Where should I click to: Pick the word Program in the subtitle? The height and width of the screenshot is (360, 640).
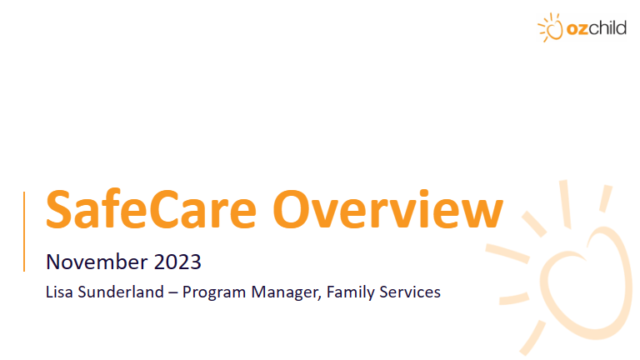212,292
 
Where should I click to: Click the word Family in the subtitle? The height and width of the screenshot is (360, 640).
349,292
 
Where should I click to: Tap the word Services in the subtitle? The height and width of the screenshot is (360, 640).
409,292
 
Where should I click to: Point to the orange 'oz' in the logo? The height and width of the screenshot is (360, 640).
577,30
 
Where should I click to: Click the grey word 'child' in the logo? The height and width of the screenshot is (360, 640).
608,29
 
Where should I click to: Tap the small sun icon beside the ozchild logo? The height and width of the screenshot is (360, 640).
551,29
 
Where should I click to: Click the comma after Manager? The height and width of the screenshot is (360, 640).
320,297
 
